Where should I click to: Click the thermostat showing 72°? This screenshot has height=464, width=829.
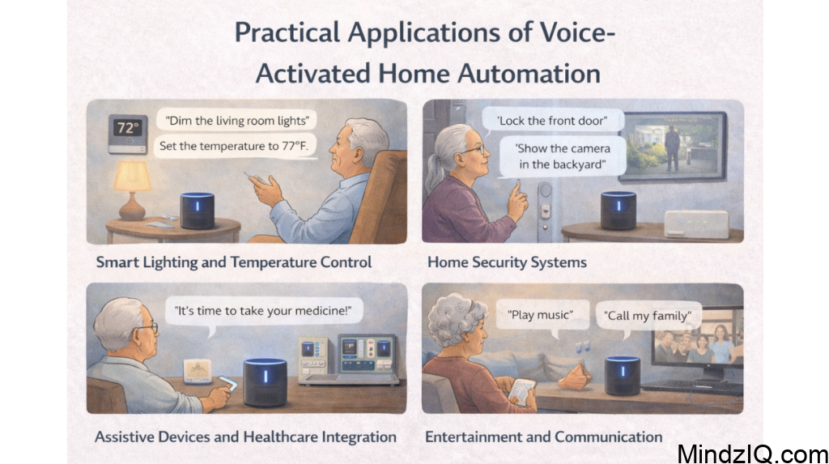[x=127, y=134]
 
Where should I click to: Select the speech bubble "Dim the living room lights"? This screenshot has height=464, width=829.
[x=236, y=120]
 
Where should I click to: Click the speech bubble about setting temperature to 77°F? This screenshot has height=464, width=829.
[x=235, y=146]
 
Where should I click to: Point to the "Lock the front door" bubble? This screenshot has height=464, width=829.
[x=552, y=121]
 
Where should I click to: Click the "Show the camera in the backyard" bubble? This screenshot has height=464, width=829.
[x=563, y=156]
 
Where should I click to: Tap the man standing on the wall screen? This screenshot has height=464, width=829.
[x=672, y=149]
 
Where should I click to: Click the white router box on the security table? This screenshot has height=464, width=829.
[x=696, y=223]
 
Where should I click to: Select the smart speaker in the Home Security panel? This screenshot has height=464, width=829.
[x=618, y=211]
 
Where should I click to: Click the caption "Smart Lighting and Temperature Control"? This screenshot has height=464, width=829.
[x=234, y=262]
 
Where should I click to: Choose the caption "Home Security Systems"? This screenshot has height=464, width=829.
[x=507, y=262]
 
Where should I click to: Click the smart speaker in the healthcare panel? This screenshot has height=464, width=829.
[x=265, y=382]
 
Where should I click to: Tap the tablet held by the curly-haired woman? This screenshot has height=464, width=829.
[x=522, y=391]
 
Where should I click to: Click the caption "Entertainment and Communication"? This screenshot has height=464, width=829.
[x=543, y=437]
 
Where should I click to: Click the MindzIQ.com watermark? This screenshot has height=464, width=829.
[x=753, y=454]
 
